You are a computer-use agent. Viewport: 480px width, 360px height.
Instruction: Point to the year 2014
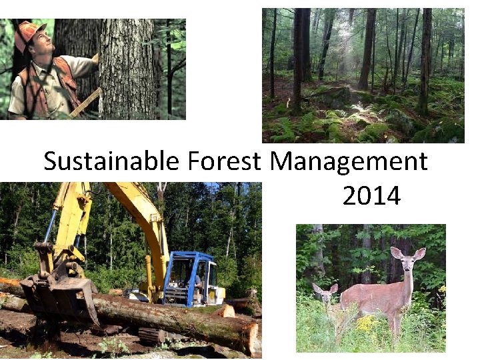pos(371,196)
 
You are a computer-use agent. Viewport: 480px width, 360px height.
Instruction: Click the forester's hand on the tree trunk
pos(95,58)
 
